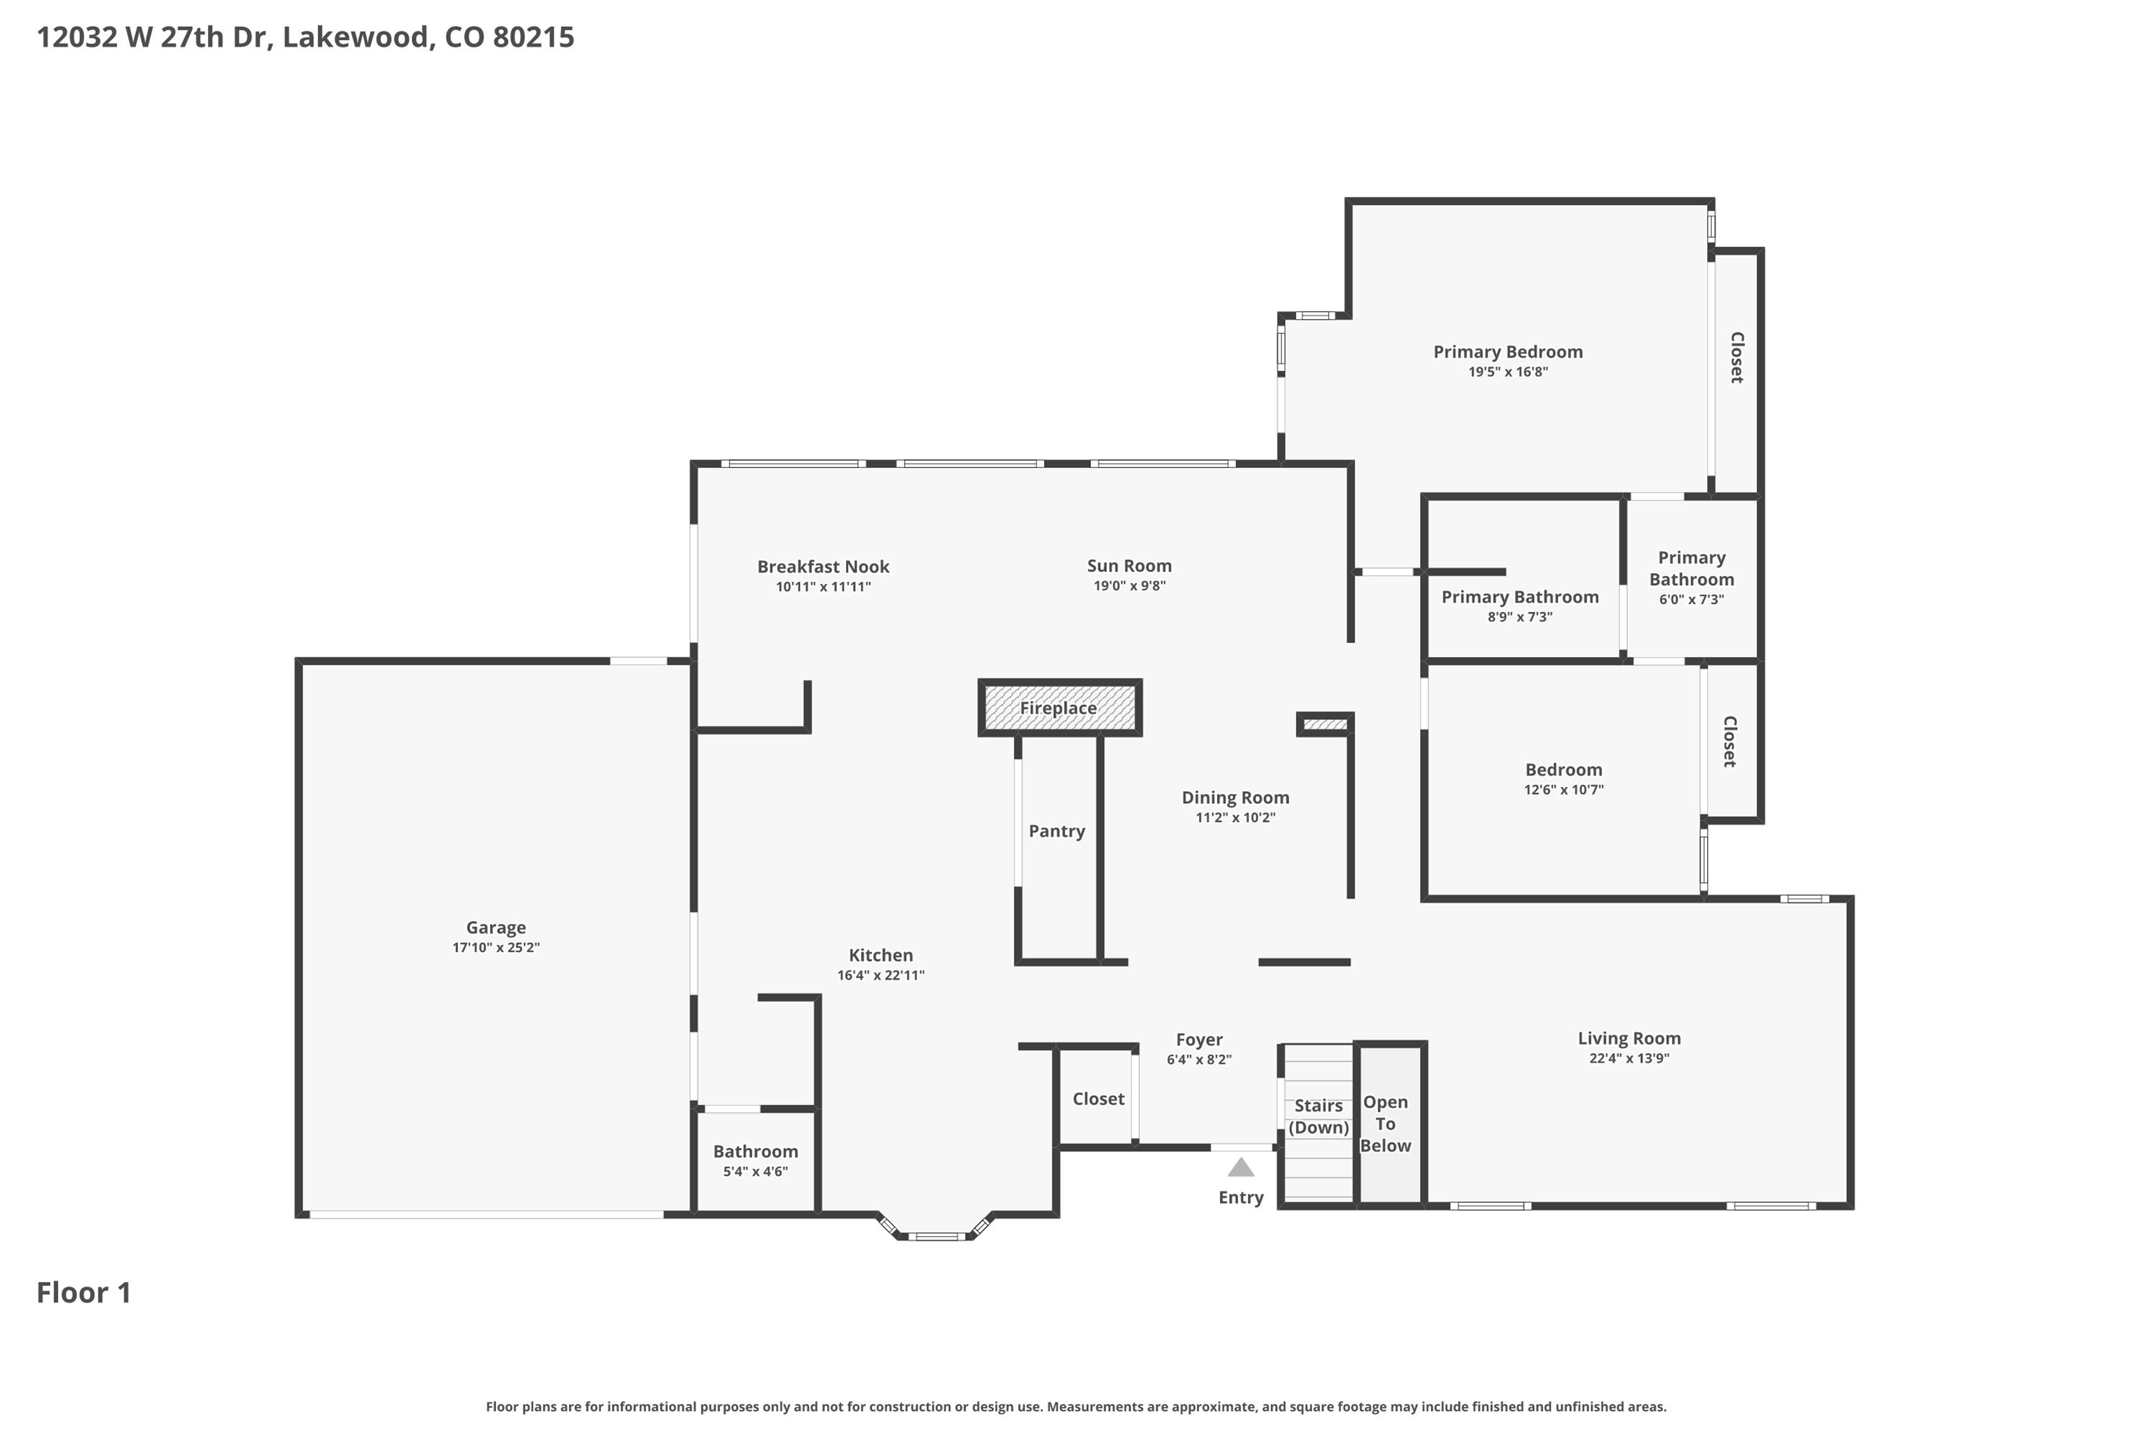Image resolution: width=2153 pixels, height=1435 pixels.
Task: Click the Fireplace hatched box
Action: (x=1059, y=707)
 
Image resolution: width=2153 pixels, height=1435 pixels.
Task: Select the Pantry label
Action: (x=1056, y=831)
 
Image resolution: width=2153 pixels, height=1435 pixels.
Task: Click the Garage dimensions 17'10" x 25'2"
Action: (x=496, y=947)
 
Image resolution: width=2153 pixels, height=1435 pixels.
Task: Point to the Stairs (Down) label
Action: (x=1318, y=1116)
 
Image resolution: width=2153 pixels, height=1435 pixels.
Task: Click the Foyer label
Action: (x=1199, y=1039)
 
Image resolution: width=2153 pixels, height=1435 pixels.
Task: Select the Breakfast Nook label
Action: (x=823, y=566)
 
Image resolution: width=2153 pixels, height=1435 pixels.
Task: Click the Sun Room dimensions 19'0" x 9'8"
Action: (x=1130, y=585)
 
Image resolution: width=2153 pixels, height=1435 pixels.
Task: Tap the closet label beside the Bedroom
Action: (x=1729, y=741)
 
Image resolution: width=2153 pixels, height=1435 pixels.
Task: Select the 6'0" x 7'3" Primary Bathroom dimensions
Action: (x=1692, y=599)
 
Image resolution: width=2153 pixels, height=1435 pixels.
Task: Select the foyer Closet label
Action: (x=1099, y=1098)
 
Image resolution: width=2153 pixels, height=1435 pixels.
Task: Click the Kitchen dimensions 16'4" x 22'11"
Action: (x=881, y=975)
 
